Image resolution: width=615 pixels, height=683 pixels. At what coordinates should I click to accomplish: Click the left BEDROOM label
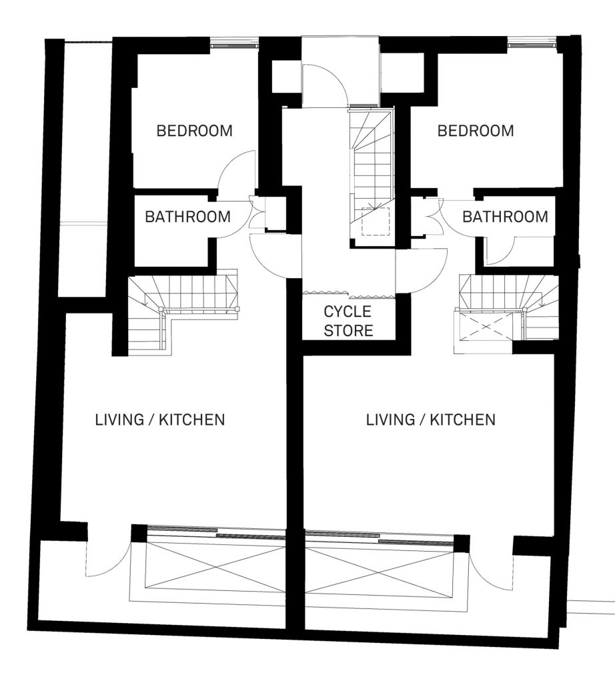click(194, 131)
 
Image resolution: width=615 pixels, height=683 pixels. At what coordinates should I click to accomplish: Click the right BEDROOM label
click(476, 131)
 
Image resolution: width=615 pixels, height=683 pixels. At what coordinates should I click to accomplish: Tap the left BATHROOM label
click(187, 217)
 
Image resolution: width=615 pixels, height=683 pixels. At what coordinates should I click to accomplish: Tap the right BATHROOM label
click(505, 217)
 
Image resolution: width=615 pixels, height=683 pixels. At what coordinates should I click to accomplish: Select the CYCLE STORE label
click(348, 321)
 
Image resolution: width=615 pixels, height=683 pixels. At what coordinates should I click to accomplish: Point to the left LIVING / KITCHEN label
click(160, 420)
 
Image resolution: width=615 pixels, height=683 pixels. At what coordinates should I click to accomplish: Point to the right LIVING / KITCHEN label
click(431, 420)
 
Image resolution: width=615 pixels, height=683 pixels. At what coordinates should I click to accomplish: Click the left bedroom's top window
click(235, 44)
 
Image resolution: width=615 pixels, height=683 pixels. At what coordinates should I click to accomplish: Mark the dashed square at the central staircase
click(376, 221)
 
